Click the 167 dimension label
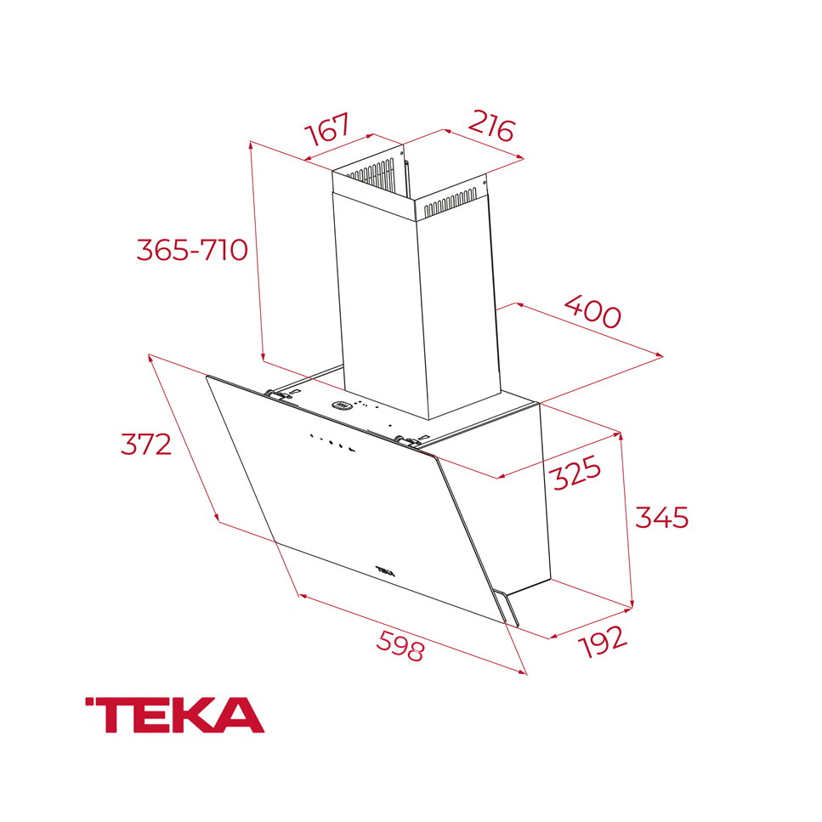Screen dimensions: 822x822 328,130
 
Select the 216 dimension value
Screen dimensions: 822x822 490,127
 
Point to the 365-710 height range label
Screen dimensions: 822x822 192,250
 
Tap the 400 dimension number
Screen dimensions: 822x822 592,311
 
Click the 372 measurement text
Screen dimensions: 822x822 146,444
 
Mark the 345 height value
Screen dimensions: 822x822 661,517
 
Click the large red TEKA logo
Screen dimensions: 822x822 174,716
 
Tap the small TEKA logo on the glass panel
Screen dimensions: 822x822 385,569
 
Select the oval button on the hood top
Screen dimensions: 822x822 341,405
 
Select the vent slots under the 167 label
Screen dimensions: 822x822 371,173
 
